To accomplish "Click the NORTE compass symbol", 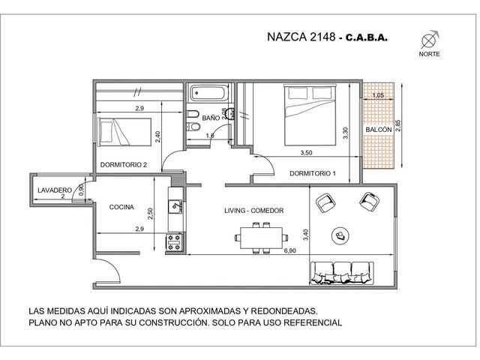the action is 429,40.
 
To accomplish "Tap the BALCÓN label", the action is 379,130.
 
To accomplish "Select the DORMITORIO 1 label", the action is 313,173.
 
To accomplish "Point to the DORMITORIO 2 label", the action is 123,165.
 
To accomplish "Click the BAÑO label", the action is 211,118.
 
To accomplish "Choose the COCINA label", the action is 121,207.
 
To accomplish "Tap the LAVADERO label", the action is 55,190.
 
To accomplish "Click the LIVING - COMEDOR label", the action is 254,211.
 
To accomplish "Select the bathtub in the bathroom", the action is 209,93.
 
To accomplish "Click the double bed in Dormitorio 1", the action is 310,115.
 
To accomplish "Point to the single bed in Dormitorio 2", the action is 124,132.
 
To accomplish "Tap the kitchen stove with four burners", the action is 174,242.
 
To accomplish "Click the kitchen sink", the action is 175,207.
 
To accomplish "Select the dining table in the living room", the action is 262,238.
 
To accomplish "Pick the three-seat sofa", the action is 342,273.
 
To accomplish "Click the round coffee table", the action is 340,235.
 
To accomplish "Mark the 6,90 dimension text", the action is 290,250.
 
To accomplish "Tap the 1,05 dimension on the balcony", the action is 378,95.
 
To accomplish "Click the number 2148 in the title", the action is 322,37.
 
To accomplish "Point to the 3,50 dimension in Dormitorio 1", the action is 306,153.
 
